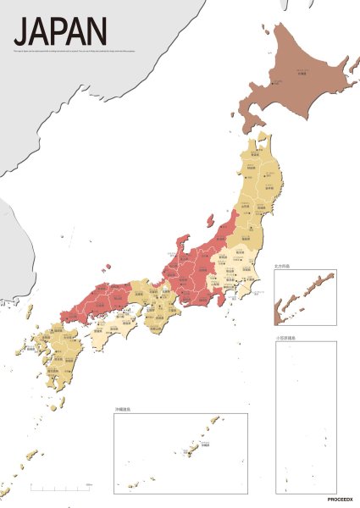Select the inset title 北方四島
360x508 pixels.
click(284, 266)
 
